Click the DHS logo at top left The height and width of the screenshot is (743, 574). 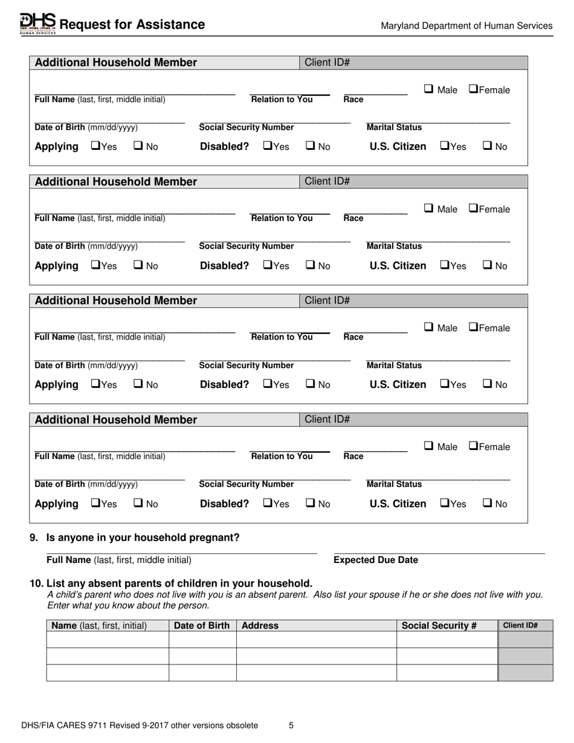tap(37, 24)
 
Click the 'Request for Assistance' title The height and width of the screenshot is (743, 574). tap(132, 25)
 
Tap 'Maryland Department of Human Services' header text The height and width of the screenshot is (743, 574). tap(466, 25)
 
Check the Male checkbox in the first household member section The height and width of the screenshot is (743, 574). tap(428, 89)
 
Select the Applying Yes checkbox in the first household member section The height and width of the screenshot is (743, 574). tap(95, 146)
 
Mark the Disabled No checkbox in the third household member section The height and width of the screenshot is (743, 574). tap(310, 384)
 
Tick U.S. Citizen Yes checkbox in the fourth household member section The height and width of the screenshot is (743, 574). tap(444, 503)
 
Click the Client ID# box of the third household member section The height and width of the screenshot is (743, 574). tap(413, 300)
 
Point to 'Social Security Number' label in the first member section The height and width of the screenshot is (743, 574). tap(247, 127)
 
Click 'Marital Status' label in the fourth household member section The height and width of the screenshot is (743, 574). tap(395, 484)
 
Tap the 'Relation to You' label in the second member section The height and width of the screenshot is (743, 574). tap(282, 219)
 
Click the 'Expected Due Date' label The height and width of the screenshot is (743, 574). tap(376, 560)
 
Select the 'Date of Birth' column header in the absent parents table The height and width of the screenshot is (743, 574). tap(202, 626)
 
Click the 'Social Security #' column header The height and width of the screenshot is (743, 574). tap(439, 626)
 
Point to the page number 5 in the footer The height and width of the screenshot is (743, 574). tap(291, 725)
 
